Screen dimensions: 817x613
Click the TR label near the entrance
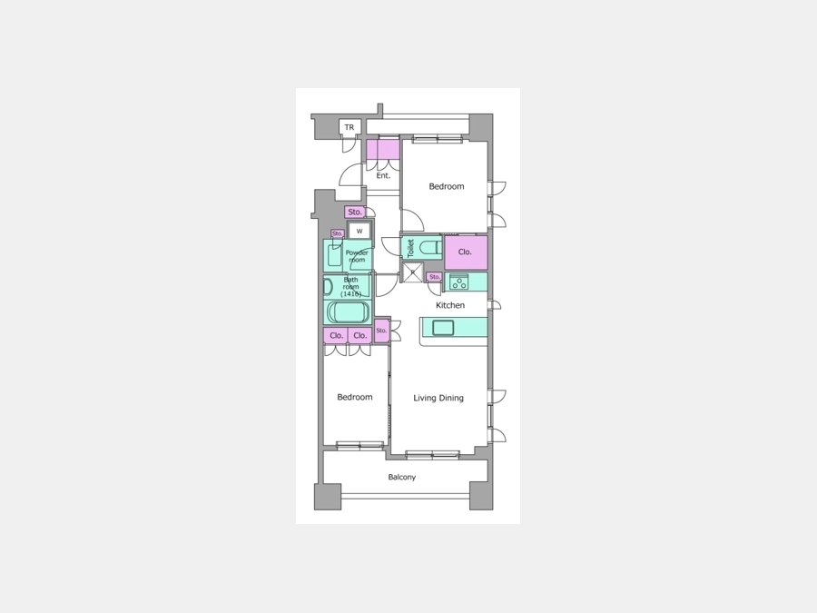349,127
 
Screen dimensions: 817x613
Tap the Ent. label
383,175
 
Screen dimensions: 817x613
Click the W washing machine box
359,231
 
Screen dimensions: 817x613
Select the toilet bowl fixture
431,248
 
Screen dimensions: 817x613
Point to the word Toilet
410,248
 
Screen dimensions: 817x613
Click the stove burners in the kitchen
459,282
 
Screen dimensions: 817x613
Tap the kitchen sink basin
443,328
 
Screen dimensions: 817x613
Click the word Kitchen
450,305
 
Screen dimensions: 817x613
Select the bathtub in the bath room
348,312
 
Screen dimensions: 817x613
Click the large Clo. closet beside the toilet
466,252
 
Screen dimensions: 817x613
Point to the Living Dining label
438,399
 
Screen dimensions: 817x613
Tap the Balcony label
402,477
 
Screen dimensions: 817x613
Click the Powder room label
357,256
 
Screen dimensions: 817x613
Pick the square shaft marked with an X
413,272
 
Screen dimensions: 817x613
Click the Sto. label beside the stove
435,277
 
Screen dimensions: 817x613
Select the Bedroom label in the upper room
447,186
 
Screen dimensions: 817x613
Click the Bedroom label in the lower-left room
355,397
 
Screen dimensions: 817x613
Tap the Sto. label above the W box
355,213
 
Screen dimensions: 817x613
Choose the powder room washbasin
334,255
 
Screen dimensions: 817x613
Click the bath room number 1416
351,294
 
